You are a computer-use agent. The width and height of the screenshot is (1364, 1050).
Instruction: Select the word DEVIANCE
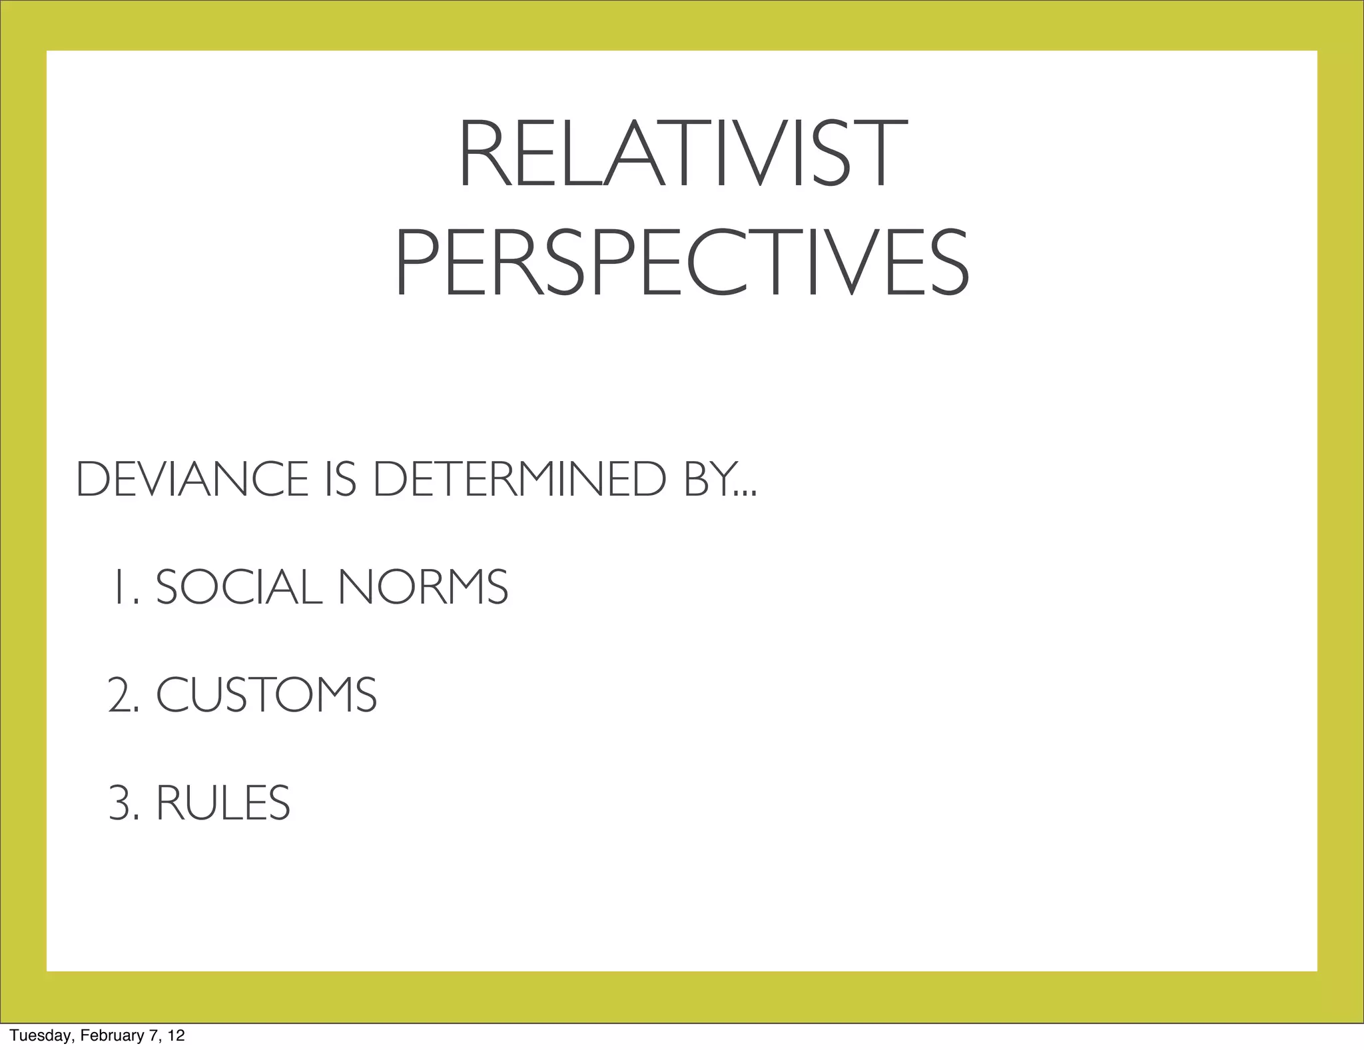192,479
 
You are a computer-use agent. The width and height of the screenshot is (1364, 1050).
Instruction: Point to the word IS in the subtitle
341,479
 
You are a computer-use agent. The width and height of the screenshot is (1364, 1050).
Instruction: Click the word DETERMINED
519,479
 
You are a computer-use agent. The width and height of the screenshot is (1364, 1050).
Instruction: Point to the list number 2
122,695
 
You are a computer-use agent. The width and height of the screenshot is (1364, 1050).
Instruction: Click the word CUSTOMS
266,695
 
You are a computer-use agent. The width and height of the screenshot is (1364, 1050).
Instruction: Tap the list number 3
122,803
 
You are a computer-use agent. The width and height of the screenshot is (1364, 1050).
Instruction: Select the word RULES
223,803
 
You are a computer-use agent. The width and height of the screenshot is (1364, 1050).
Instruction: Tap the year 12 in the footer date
176,1035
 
